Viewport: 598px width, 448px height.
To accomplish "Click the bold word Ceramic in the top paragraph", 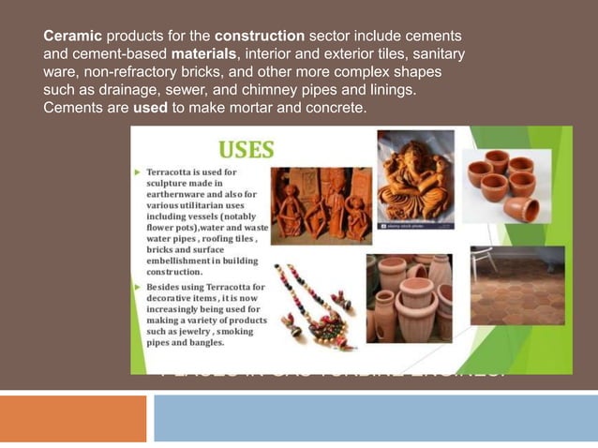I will [x=72, y=36].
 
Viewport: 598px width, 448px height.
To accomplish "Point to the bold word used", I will [x=151, y=109].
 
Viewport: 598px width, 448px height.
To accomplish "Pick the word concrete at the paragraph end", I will [x=333, y=109].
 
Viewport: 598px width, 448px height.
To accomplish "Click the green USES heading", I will [x=247, y=150].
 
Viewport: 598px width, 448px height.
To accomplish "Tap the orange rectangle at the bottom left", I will [x=73, y=418].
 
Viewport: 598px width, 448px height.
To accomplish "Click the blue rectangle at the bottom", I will [x=375, y=418].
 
